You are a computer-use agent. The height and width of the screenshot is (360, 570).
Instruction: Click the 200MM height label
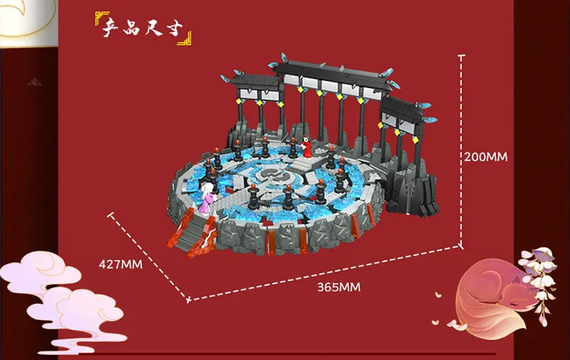point(486,156)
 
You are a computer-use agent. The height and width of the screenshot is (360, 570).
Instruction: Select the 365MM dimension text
point(338,286)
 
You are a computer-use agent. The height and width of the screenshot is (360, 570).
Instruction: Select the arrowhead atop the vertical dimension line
point(461,55)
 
